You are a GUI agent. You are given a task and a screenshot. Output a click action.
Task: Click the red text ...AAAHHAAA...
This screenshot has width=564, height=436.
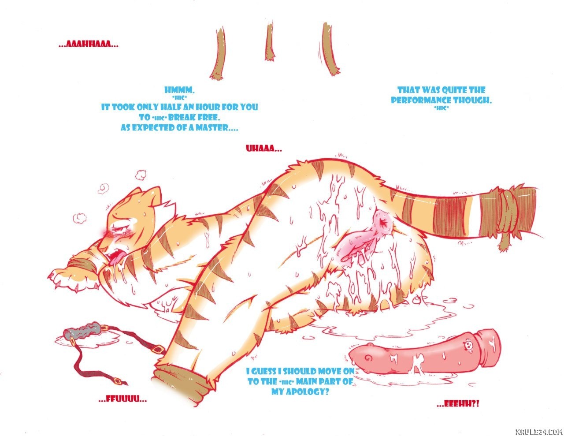pos(89,45)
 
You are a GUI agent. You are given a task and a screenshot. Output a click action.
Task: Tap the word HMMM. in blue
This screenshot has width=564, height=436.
pos(179,90)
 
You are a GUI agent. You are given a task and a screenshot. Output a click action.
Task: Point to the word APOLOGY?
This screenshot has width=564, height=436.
pos(301,391)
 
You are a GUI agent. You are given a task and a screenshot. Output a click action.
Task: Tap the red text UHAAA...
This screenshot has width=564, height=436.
pos(263,149)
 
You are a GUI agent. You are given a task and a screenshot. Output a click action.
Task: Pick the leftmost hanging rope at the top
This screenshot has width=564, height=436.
pos(218,53)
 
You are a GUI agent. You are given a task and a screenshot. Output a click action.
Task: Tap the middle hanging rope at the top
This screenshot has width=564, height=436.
pos(270,41)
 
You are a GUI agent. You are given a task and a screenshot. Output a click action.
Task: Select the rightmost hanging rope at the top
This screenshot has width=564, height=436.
pos(329,49)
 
